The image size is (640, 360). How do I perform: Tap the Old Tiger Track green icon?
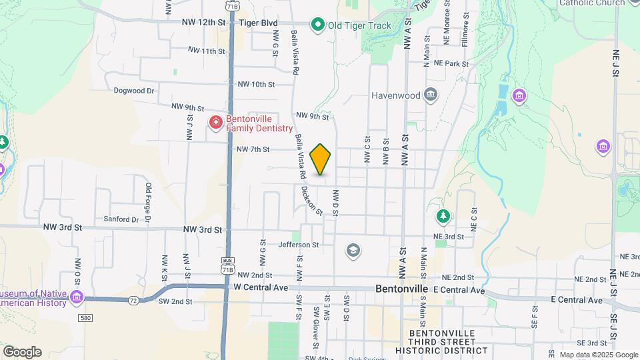pos(318,26)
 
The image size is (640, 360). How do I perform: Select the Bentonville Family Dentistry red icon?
pos(215,122)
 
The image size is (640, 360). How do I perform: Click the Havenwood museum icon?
pos(431,95)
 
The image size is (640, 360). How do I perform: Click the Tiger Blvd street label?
pos(258,22)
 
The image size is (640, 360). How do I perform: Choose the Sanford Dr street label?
pos(121,219)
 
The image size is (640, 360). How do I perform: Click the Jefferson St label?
pos(299,245)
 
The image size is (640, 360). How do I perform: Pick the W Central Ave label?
pos(261,287)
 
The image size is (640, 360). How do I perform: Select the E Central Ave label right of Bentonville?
pos(459,291)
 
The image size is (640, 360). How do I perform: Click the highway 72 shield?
pos(133,301)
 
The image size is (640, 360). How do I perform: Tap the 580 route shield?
pos(86,317)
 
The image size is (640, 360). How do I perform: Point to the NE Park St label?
pos(451,63)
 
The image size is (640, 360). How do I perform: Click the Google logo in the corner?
pos(22,351)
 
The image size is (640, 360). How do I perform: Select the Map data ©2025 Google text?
pos(599,355)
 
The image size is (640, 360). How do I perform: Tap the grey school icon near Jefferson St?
pos(353,251)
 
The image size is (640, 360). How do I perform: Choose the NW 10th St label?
pos(256,84)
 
